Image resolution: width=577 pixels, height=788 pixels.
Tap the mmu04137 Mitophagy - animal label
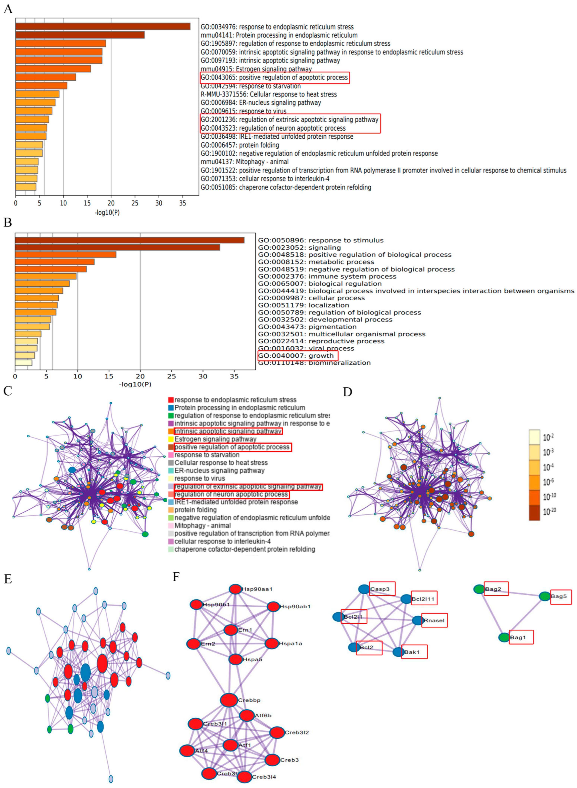[x=244, y=162]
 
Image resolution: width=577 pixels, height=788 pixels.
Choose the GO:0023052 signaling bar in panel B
[x=117, y=247]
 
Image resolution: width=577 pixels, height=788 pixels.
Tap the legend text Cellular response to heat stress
[x=221, y=463]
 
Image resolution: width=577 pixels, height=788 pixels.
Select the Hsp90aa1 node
[x=235, y=589]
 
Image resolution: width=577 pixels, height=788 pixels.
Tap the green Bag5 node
[x=545, y=596]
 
